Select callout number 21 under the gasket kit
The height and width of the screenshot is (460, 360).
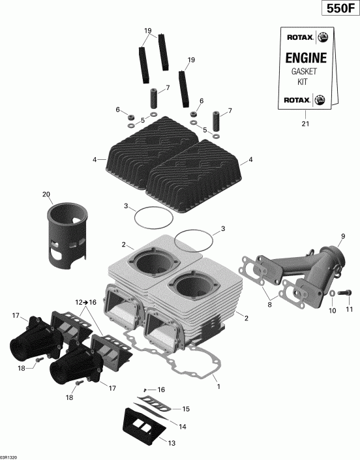303,123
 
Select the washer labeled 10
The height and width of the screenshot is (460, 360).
333,294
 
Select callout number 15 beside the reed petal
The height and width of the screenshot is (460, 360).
185,410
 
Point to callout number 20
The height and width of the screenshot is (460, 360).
46,194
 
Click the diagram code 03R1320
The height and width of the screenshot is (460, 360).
10,456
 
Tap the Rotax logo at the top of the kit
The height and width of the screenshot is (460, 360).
303,38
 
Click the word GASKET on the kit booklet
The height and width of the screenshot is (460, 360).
302,73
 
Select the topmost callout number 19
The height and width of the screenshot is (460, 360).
148,31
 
